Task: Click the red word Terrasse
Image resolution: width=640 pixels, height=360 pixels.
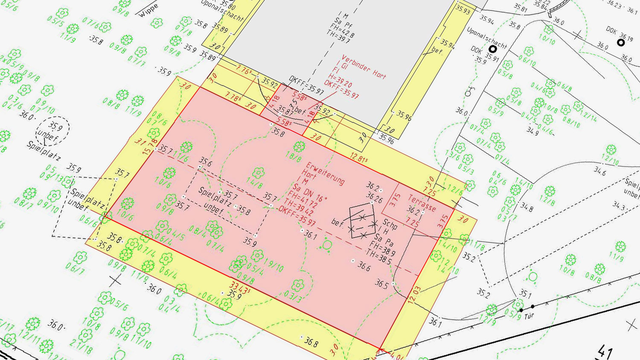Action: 422,203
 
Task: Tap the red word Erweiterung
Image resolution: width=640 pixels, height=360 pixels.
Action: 325,173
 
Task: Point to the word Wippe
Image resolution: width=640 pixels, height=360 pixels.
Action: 148,10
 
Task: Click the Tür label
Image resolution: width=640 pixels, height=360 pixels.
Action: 529,316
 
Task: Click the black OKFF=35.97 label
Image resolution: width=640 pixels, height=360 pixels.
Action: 306,84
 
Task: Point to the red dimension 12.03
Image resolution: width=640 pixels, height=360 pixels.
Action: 414,295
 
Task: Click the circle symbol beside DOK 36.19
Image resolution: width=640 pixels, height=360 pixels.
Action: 621,43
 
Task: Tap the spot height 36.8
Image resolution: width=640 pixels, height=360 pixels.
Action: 311,341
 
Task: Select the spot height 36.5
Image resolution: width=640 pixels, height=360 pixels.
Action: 381,283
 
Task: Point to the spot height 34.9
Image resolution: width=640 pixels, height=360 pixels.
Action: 532,131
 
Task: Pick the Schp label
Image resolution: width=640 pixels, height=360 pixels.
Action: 390,223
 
